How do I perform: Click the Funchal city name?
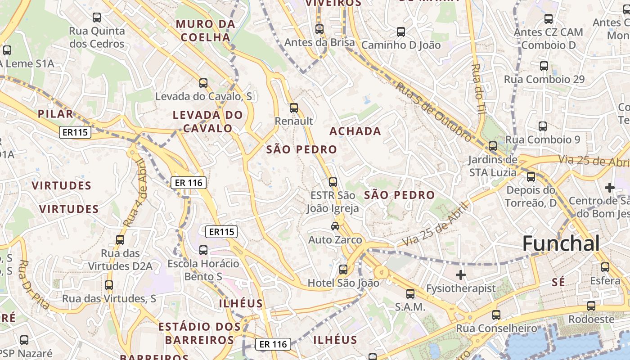(561, 244)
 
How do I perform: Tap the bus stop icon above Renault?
(294, 108)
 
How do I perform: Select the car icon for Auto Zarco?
(335, 226)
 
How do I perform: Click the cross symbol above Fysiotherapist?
(461, 274)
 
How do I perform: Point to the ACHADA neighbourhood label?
(355, 131)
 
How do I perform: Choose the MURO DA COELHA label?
(206, 30)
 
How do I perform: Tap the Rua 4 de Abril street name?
(135, 193)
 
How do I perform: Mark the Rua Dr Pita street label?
(34, 284)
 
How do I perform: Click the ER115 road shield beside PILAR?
(75, 132)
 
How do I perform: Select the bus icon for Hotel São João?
(343, 270)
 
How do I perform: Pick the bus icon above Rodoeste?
(591, 306)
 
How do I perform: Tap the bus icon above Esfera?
(605, 267)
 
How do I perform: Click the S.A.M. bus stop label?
(410, 307)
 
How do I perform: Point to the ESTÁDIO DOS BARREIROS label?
(199, 333)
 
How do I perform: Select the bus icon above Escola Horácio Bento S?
(203, 250)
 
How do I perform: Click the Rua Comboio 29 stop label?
(544, 80)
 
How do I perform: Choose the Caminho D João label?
(401, 45)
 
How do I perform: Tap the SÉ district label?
(558, 283)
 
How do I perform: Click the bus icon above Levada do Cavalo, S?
(203, 83)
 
